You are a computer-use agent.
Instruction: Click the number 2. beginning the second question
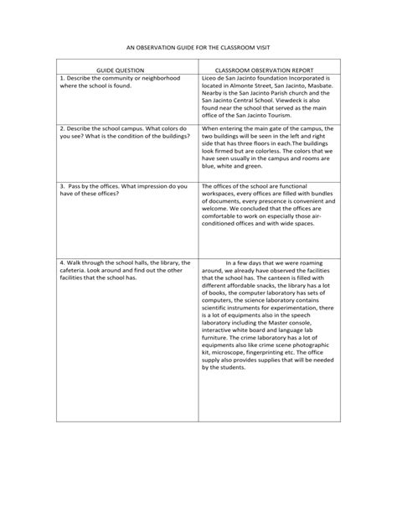[63, 128]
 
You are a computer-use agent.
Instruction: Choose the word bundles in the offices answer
[319, 193]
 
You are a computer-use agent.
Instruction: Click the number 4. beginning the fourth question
[63, 262]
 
